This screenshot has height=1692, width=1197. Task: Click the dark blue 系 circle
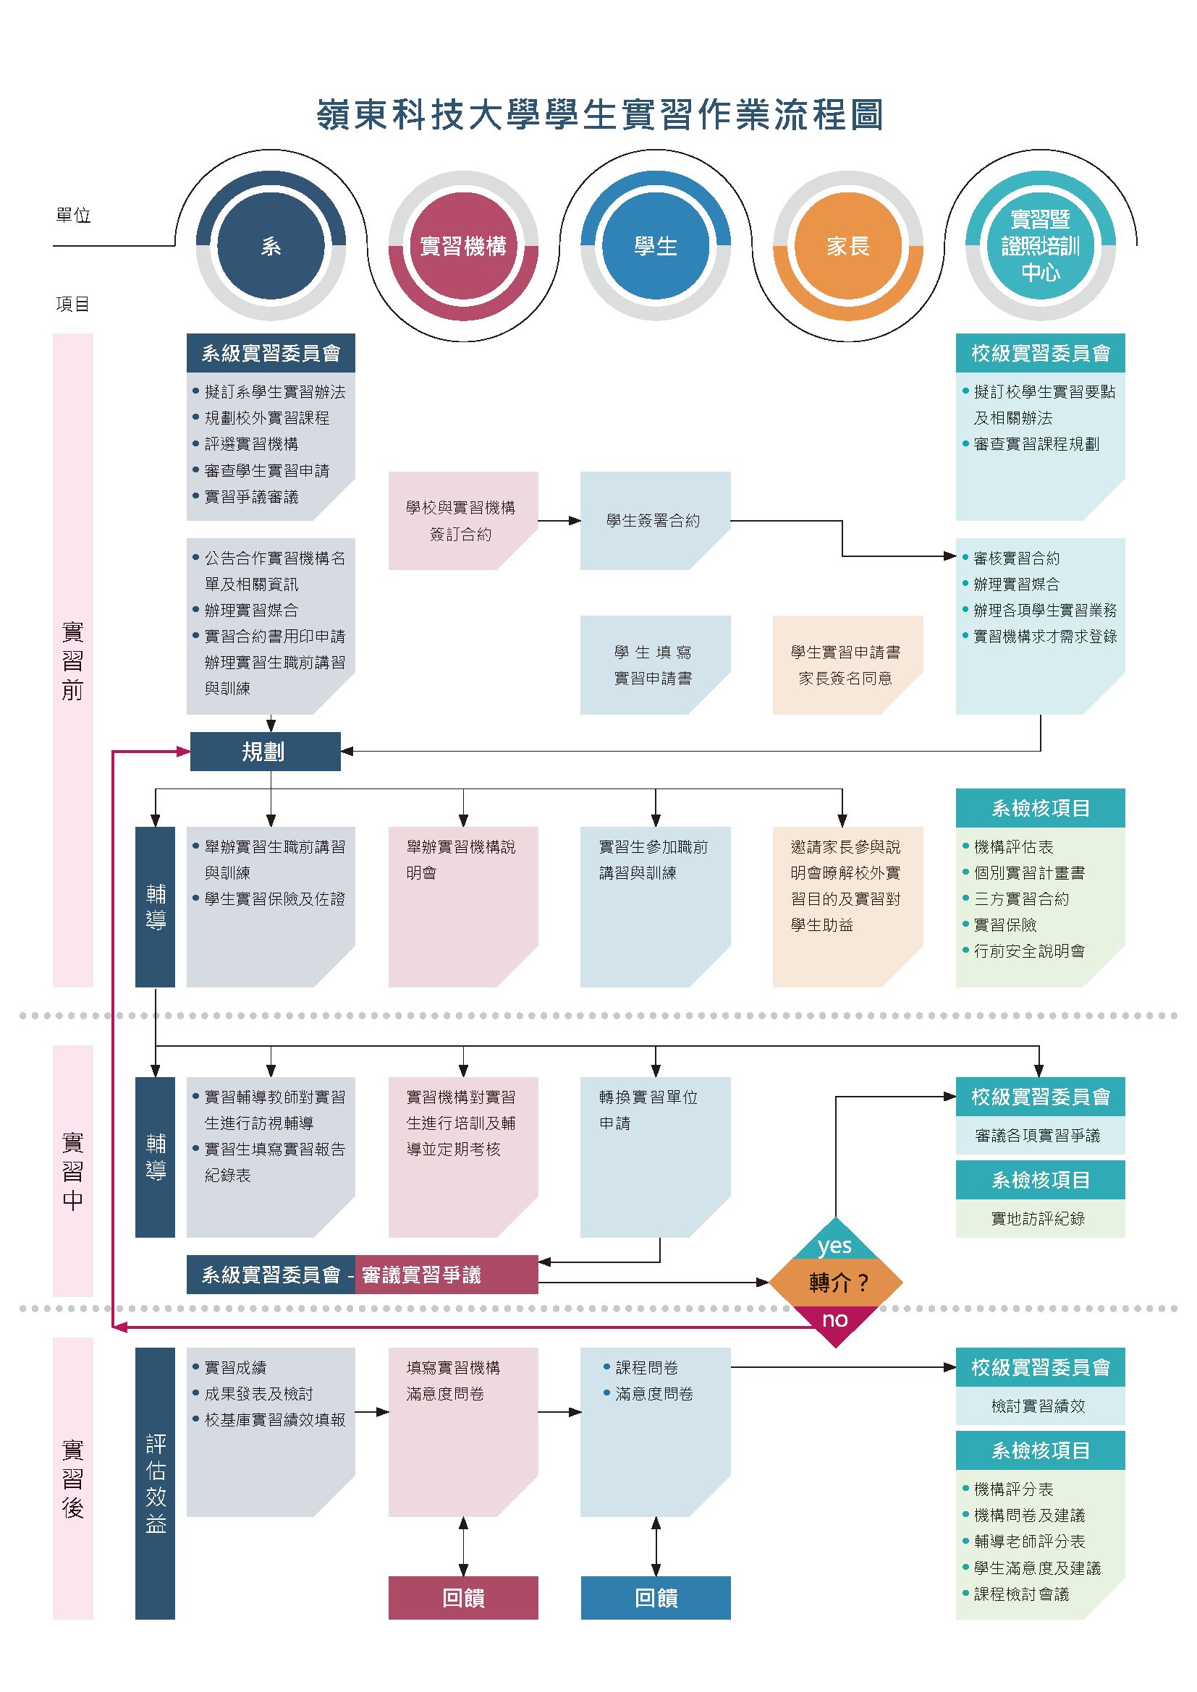271,245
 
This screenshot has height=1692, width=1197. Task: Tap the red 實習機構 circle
463,245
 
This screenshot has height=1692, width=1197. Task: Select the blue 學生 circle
655,245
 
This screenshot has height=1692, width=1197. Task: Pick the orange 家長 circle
847,245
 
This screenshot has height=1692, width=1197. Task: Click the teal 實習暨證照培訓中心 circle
1040,245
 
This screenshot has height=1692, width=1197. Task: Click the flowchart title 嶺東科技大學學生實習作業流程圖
600,115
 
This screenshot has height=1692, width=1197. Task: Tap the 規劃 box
266,751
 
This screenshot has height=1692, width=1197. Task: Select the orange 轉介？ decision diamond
836,1283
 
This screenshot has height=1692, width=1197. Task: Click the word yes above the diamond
834,1246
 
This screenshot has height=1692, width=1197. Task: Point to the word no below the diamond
835,1319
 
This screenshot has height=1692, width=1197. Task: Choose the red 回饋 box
463,1598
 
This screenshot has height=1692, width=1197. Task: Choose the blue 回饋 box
655,1598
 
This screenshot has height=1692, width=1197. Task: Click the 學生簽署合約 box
655,520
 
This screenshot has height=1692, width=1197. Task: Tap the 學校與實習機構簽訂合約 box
463,520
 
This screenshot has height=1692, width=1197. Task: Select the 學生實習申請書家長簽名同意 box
847,665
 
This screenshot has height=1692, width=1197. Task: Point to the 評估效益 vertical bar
155,1483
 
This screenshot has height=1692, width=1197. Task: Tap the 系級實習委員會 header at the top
271,353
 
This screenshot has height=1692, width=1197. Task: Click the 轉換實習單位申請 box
655,1157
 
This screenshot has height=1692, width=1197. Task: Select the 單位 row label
73,215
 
